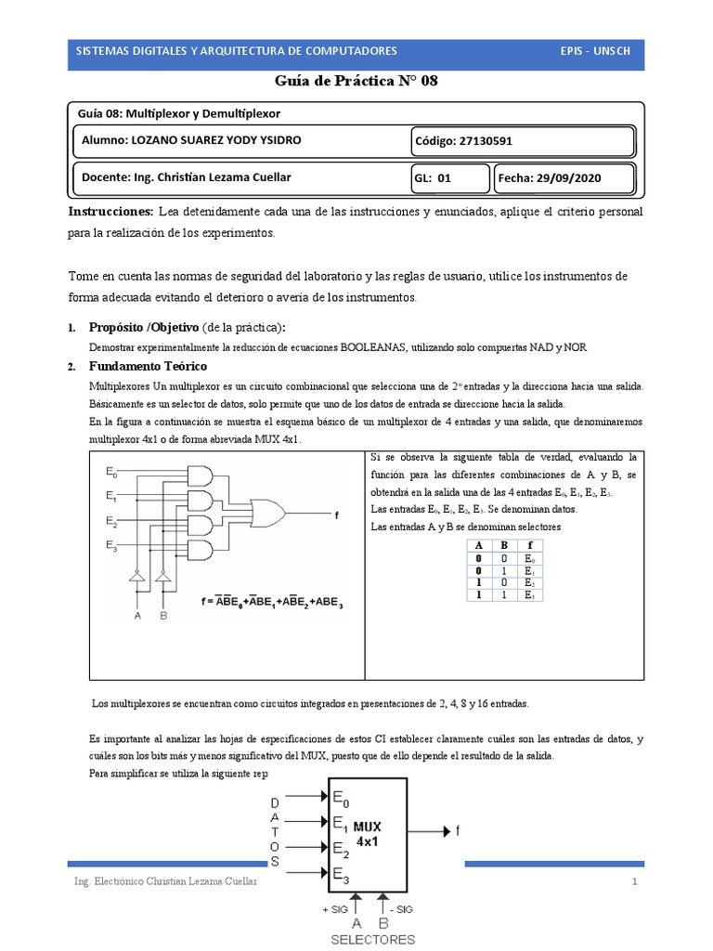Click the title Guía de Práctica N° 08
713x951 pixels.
pyautogui.click(x=356, y=81)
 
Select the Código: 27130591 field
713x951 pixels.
pyautogui.click(x=462, y=141)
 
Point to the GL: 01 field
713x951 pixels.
pyautogui.click(x=432, y=178)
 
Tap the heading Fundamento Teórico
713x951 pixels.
pyautogui.click(x=148, y=366)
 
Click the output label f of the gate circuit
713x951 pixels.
pyautogui.click(x=336, y=513)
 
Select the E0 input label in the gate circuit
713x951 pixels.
pyautogui.click(x=111, y=472)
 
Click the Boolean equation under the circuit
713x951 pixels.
pyautogui.click(x=272, y=602)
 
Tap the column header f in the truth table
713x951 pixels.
pyautogui.click(x=528, y=545)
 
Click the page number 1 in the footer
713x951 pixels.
pyautogui.click(x=635, y=881)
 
